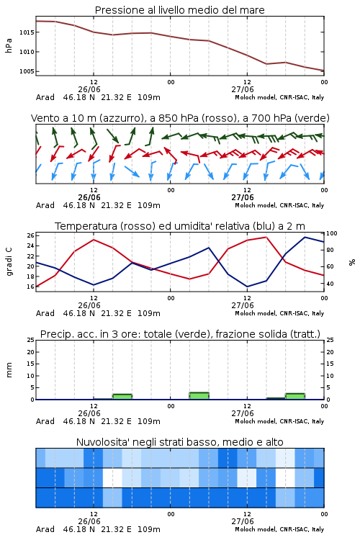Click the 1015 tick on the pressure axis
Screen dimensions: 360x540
tap(27, 32)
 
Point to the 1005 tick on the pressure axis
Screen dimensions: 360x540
tap(27, 71)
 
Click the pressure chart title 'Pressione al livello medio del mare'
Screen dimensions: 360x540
tap(179, 10)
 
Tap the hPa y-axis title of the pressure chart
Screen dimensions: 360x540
tap(9, 45)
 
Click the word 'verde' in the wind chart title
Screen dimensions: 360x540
tap(312, 118)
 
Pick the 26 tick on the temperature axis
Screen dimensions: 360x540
tap(30, 235)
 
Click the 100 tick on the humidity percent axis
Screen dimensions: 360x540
tap(332, 233)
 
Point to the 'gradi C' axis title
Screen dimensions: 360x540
tap(9, 262)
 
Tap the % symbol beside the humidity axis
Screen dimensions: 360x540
tap(352, 262)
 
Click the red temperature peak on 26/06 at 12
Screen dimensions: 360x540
tap(94, 239)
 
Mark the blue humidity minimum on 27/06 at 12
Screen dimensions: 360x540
tap(247, 287)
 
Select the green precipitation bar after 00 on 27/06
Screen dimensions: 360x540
tap(199, 396)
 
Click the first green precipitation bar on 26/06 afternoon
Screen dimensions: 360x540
tap(122, 397)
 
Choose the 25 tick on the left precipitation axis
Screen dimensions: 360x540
tap(30, 340)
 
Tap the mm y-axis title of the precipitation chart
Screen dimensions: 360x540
tap(9, 370)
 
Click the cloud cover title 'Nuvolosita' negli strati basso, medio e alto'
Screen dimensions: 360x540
tap(179, 442)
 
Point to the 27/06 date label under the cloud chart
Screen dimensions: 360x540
tap(243, 521)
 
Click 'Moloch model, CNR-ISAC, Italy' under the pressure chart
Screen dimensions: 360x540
tap(279, 97)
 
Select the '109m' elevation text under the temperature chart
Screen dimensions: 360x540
tap(149, 313)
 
